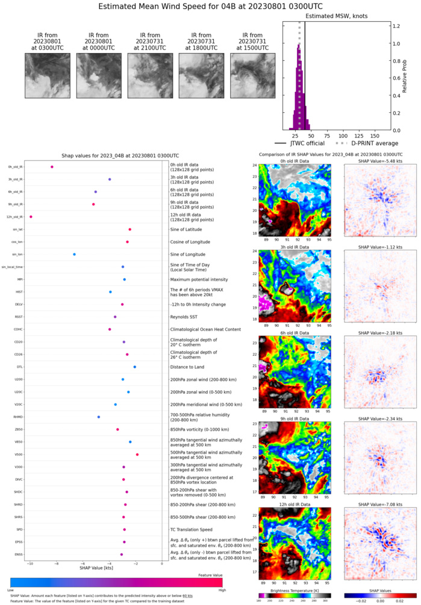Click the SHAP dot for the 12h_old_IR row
pos(31,217)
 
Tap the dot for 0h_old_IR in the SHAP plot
pos(52,166)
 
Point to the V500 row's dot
pos(137,454)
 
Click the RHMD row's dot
pos(99,417)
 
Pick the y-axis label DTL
pos(19,367)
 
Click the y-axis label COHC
pos(18,329)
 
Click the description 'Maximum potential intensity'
pos(201,279)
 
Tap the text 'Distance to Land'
pos(190,367)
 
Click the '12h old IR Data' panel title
pos(292,501)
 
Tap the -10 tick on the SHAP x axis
pos(30,563)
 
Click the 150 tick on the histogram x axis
pos(375,135)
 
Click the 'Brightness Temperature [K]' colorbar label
pos(292,592)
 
